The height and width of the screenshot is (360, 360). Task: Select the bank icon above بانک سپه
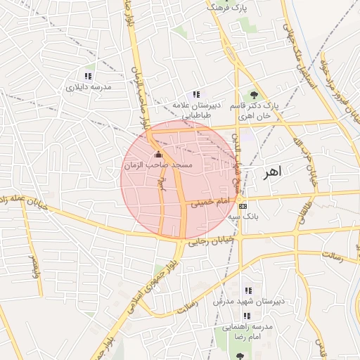243,206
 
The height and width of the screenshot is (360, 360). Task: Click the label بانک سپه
247,217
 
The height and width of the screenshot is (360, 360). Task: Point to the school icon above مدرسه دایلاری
88,76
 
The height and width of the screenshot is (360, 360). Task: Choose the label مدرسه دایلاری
89,88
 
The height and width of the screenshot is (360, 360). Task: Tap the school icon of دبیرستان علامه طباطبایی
197,94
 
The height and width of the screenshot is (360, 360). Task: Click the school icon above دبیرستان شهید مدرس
247,290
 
